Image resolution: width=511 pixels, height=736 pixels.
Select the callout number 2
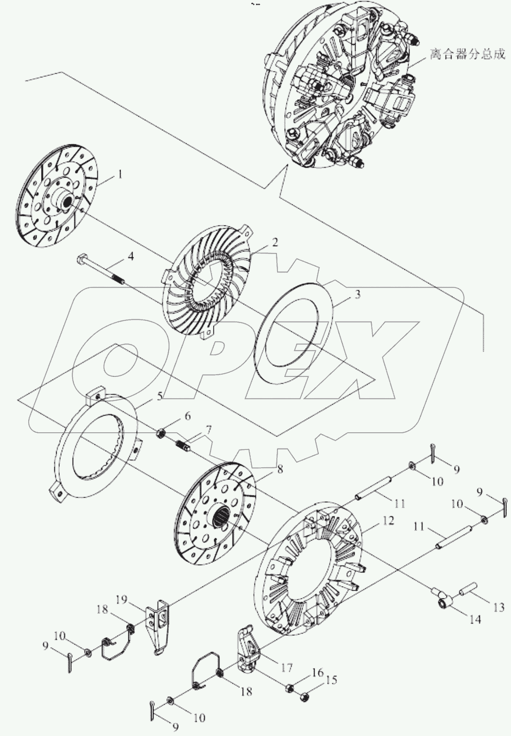tap(274, 242)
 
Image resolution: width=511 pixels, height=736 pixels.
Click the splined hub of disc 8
tap(221, 518)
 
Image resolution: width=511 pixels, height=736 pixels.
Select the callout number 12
tap(388, 521)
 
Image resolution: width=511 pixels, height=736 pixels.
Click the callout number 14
tap(474, 620)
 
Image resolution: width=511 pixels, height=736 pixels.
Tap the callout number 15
tap(332, 680)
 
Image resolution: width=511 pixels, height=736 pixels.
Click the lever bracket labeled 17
tap(246, 649)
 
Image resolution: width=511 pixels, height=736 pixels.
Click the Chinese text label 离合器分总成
tap(468, 54)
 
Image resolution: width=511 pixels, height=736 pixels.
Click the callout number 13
tap(498, 607)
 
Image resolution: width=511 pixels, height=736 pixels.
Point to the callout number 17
tap(286, 668)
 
